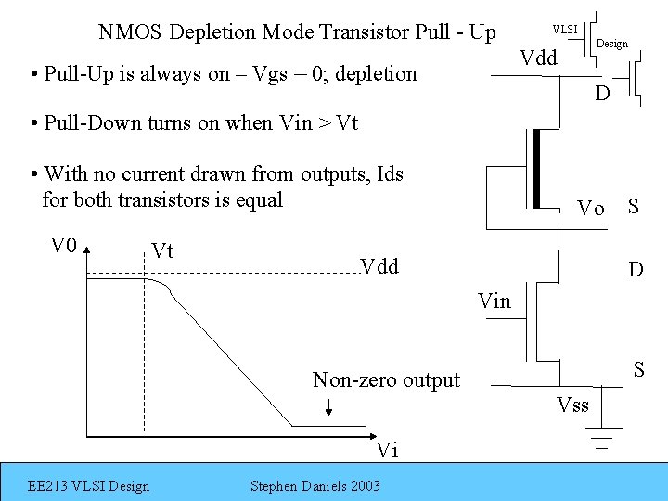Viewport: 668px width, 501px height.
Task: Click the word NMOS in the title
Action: pos(130,32)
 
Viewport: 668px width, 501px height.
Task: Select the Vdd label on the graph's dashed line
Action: pos(379,267)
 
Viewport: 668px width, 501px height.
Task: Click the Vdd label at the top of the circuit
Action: pos(538,58)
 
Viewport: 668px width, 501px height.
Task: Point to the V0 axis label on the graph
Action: pos(63,246)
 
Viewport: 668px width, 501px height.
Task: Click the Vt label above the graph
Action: pos(163,250)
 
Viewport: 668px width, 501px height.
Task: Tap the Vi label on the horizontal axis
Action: pos(387,451)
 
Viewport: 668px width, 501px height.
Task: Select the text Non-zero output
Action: pos(386,379)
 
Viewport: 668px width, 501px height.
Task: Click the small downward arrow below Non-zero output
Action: pos(330,408)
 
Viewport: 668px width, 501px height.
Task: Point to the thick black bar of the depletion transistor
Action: pos(536,169)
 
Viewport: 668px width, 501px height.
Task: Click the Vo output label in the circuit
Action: pos(590,208)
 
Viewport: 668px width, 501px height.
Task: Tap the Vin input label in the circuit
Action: pos(495,300)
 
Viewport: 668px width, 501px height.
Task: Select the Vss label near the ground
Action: pos(572,405)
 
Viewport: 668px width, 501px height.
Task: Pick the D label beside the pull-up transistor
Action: pos(602,94)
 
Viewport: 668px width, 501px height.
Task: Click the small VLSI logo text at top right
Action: pos(565,29)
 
